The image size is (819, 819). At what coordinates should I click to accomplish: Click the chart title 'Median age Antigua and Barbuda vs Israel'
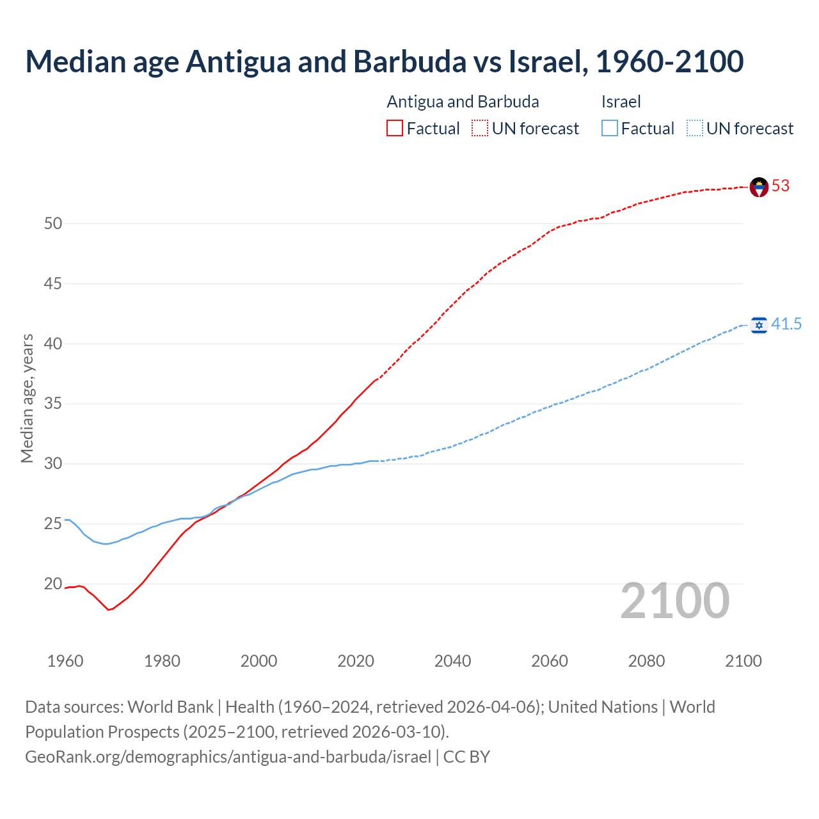point(384,61)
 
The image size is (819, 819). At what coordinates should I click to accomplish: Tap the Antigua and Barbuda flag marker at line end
point(759,187)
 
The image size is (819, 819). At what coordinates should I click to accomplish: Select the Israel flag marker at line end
point(759,325)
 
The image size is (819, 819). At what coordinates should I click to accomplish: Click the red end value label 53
point(781,186)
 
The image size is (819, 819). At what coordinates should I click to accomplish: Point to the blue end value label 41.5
point(786,324)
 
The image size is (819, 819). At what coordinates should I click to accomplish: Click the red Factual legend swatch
point(395,129)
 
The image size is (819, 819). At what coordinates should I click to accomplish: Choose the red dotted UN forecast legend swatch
point(480,129)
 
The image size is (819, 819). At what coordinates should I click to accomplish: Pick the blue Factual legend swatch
point(610,129)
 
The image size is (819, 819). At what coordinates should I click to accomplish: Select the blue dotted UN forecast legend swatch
point(695,129)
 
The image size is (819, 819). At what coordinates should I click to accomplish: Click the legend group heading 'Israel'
point(621,102)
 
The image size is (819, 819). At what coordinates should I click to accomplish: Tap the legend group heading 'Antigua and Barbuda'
point(463,102)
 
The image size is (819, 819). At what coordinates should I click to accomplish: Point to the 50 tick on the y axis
point(53,223)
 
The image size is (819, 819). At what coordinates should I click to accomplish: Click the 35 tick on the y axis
point(53,404)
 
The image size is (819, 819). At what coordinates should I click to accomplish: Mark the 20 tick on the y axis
point(53,584)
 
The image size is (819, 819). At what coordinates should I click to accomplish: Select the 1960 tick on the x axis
point(65,661)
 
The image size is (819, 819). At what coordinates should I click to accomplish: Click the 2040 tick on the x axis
point(452,661)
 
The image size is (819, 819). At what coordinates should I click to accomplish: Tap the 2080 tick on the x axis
point(646,661)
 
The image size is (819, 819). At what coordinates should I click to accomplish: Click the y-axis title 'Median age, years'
point(27,398)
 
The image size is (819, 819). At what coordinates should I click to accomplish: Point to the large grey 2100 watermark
point(675,601)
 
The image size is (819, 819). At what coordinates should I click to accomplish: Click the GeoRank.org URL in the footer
point(228,757)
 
